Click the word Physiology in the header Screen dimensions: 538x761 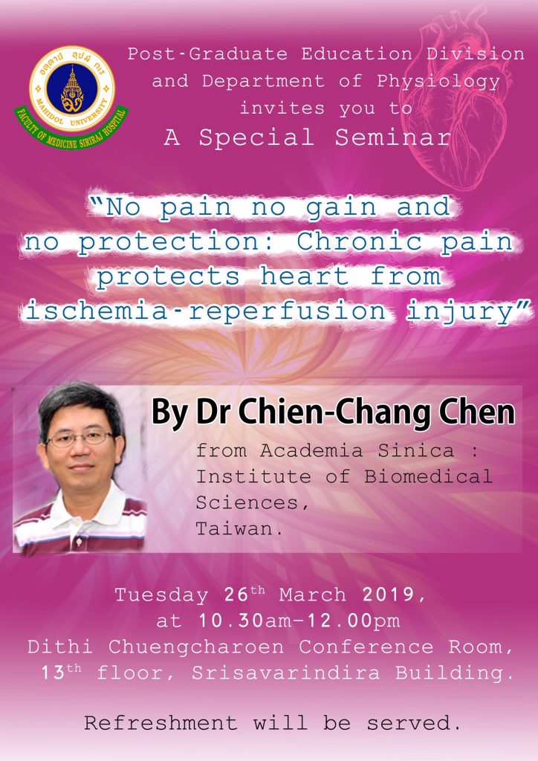click(x=438, y=82)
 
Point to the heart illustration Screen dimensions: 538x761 click(x=453, y=97)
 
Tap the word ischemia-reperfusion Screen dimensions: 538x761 click(x=206, y=311)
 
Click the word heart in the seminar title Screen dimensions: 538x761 click(x=304, y=276)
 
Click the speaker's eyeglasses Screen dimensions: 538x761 click(x=80, y=438)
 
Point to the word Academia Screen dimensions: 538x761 click(x=311, y=450)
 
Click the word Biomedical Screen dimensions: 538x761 click(x=428, y=476)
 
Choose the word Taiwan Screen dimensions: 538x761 click(x=236, y=528)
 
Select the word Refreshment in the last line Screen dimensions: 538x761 click(x=161, y=723)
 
